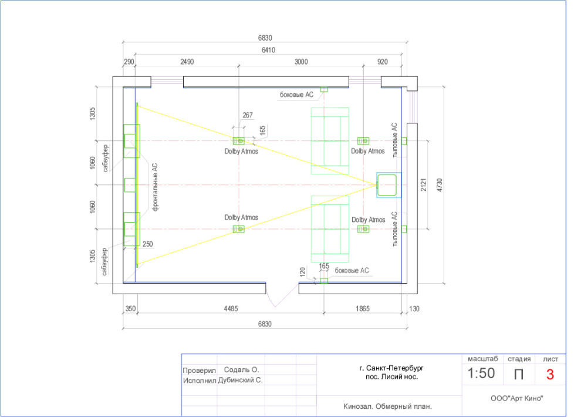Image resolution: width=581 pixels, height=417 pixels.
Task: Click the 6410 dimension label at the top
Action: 267,50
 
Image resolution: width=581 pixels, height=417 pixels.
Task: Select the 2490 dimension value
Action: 187,62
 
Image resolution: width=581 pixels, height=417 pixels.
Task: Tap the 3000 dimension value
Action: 301,62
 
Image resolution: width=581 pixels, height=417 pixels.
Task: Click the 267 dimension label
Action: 247,115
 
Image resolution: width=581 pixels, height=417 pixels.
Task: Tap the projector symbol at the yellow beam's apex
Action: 388,185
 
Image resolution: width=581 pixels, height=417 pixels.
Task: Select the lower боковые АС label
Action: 352,270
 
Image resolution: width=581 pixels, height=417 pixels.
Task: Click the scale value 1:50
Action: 481,373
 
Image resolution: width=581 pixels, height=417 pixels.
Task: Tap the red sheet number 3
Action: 550,374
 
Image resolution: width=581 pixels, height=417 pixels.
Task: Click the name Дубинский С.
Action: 241,380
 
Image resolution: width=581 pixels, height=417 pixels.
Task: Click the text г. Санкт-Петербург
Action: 391,368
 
